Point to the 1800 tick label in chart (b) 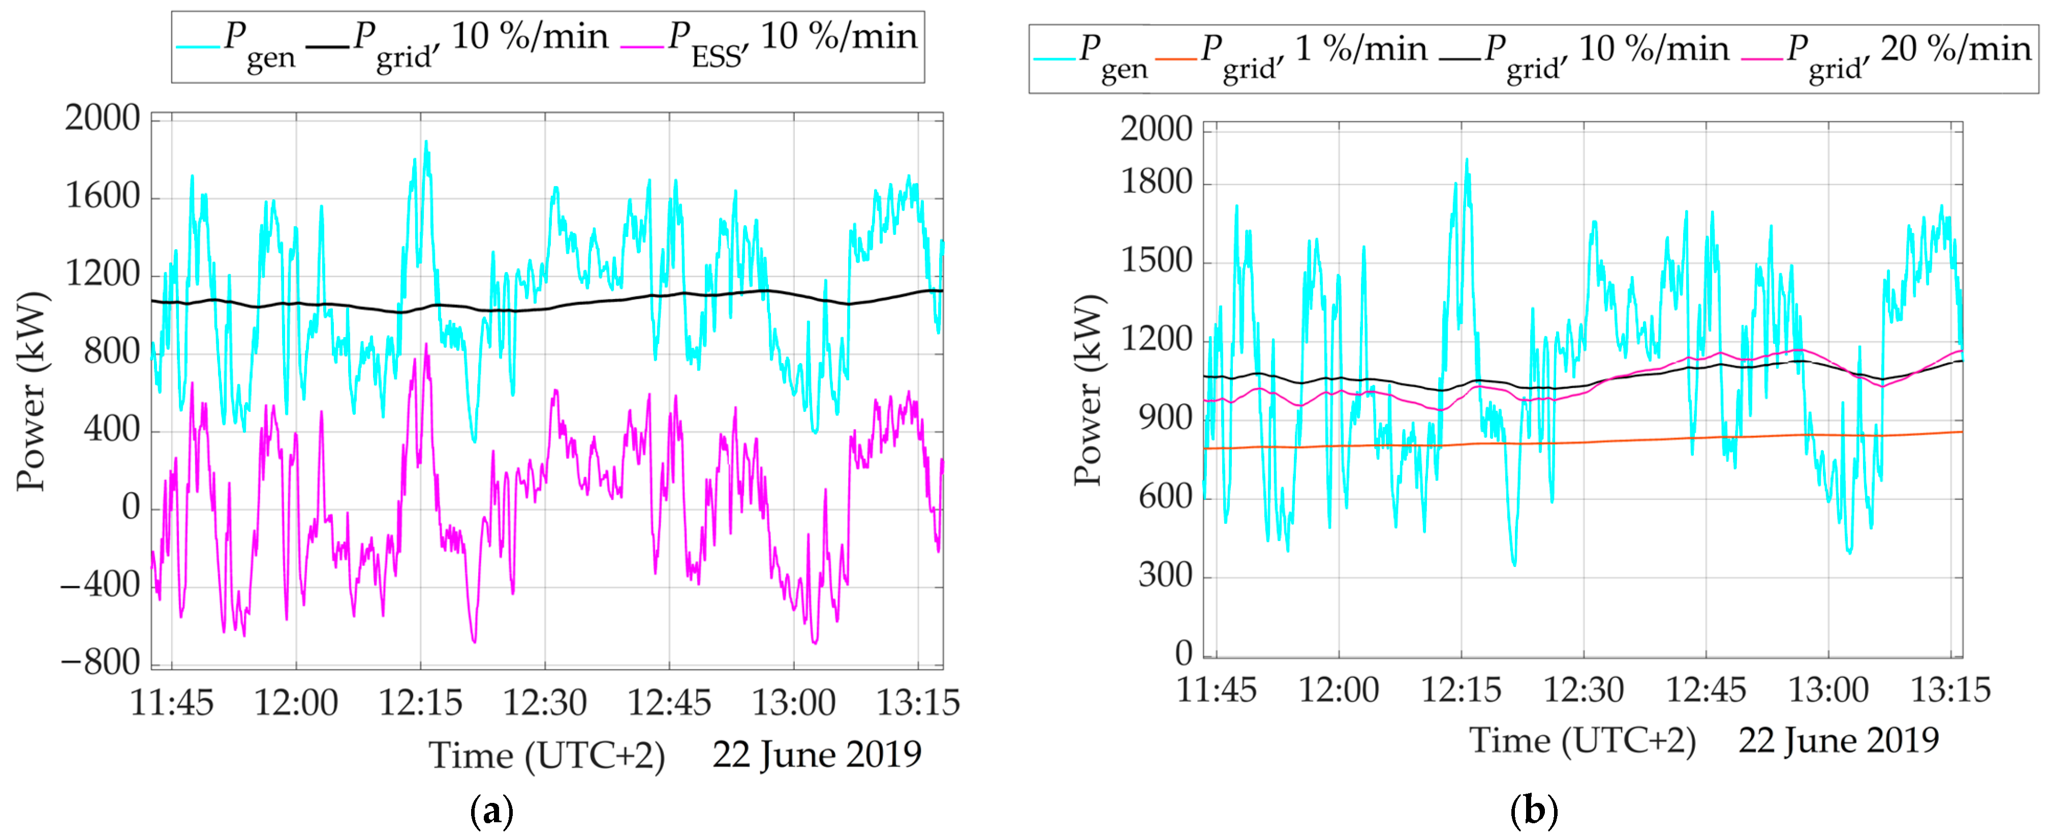[x=1157, y=183]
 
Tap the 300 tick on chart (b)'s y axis [x=1165, y=575]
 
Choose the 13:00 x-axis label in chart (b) [x=1828, y=690]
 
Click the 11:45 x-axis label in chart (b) [x=1217, y=690]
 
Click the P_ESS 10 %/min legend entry [x=771, y=44]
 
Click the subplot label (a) [x=492, y=811]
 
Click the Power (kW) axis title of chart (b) [x=1089, y=389]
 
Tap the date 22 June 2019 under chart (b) [x=1838, y=740]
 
